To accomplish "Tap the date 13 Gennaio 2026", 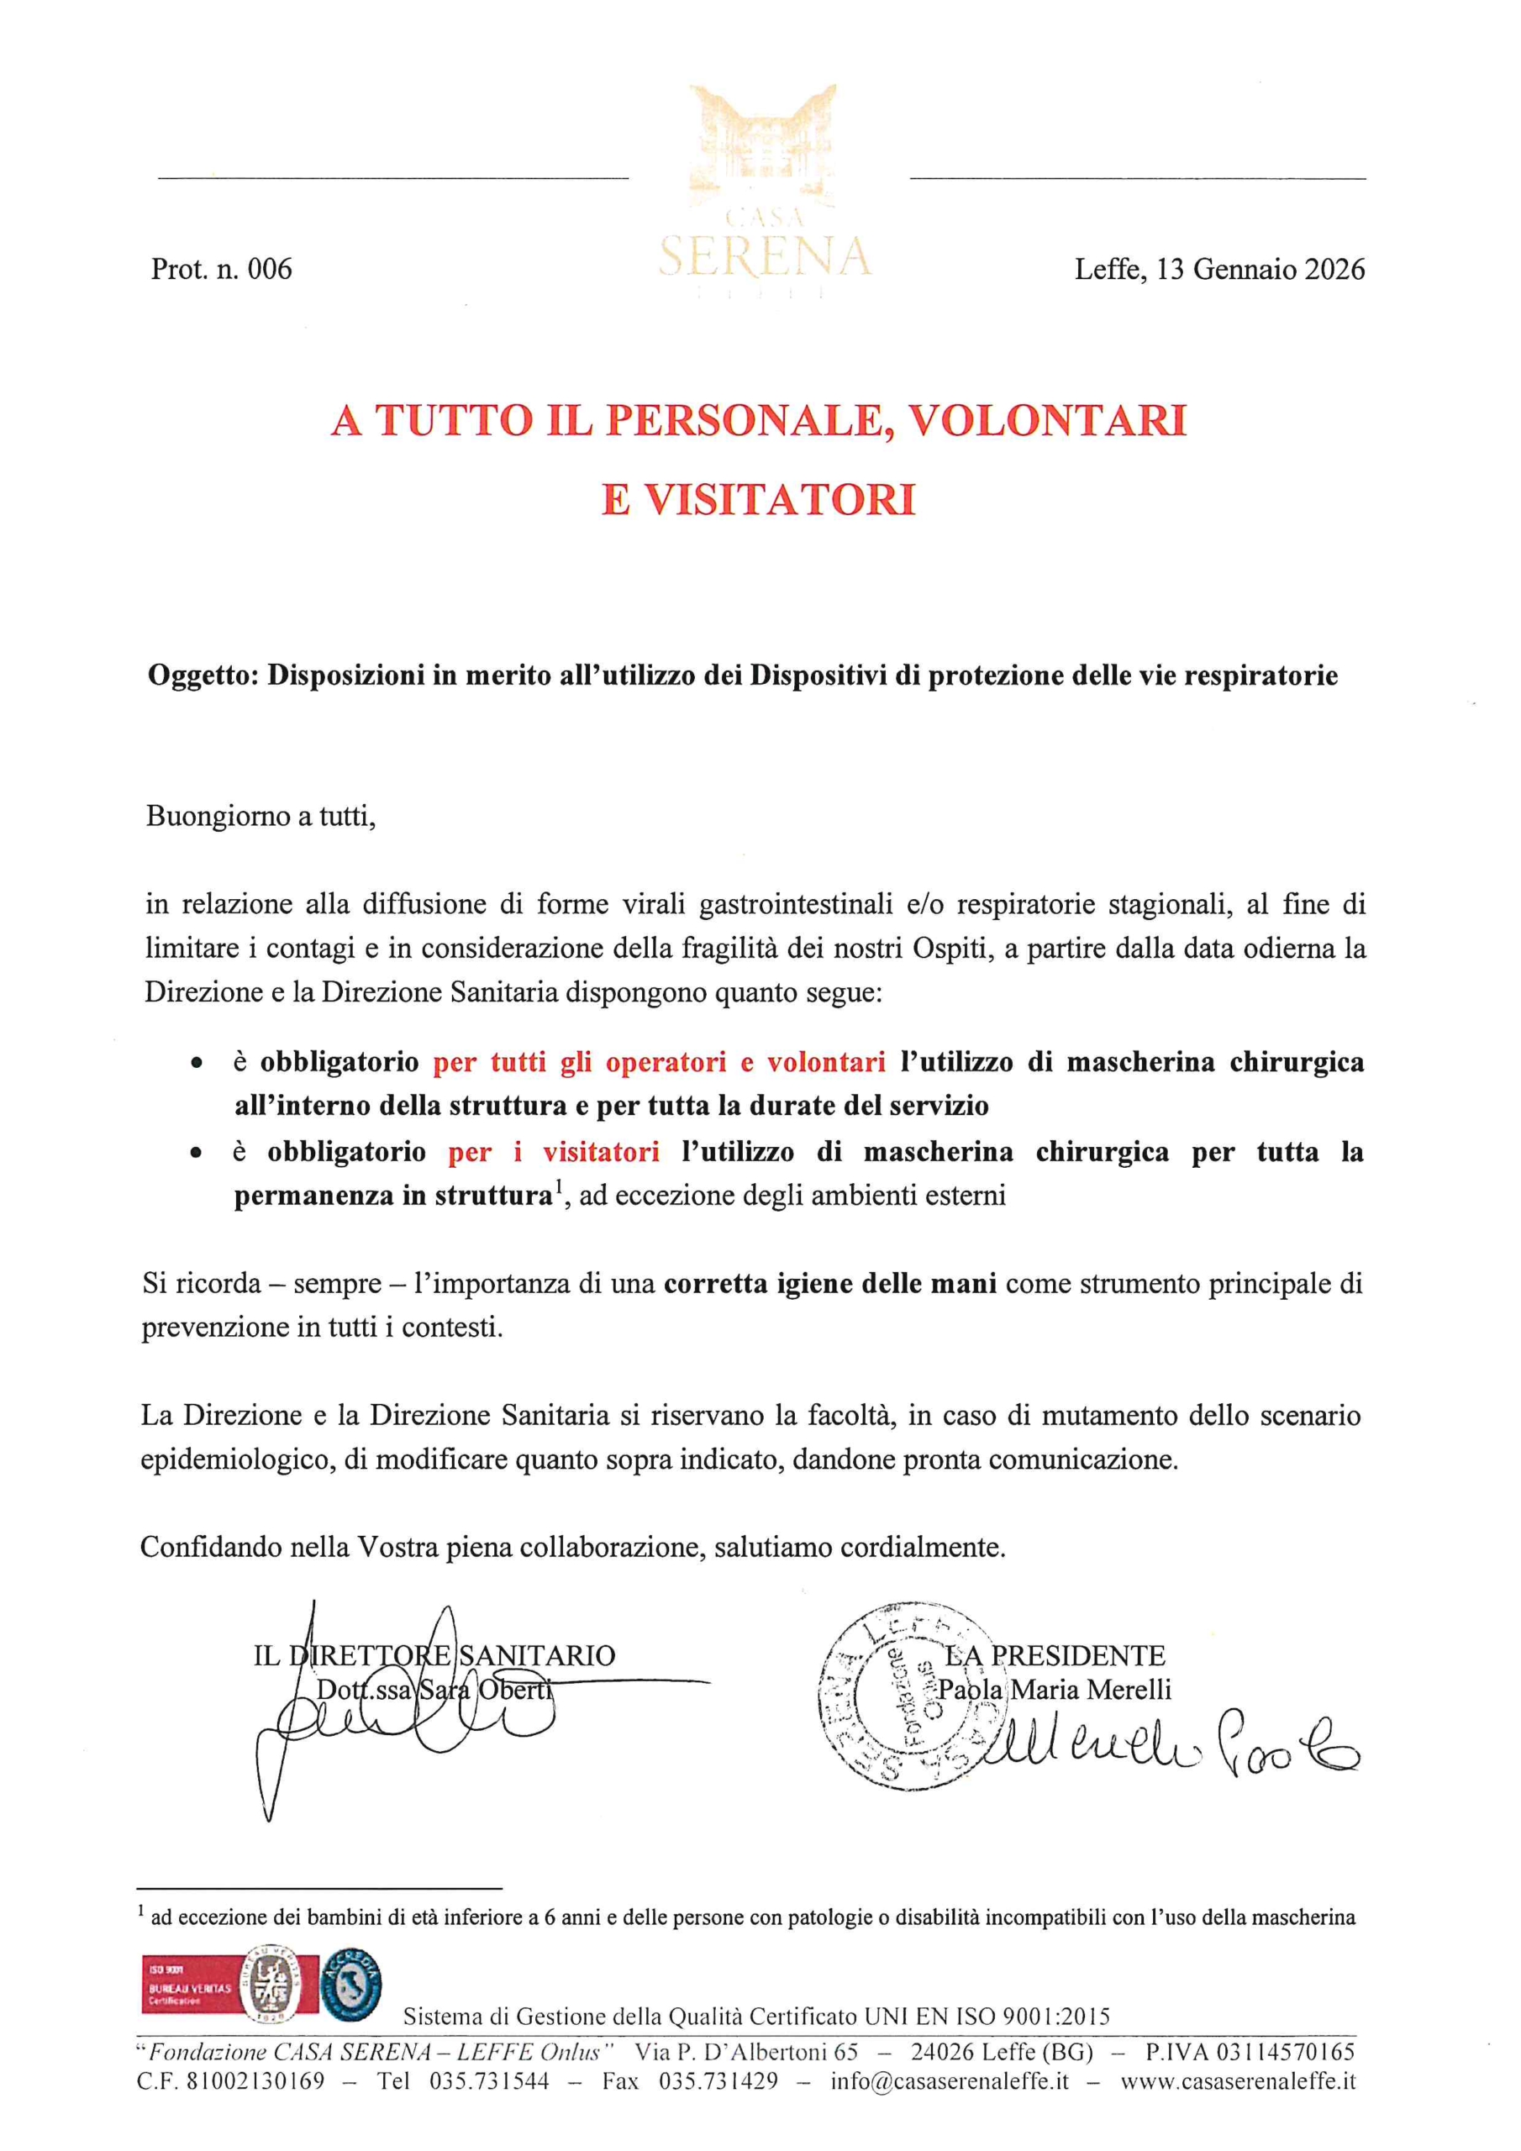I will pyautogui.click(x=1261, y=270).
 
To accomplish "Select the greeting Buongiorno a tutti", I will pyautogui.click(x=261, y=817).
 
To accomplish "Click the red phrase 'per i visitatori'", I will pyautogui.click(x=553, y=1152).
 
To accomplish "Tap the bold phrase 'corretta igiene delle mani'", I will pyautogui.click(x=829, y=1284).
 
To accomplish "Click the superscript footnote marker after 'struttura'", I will pyautogui.click(x=556, y=1190).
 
